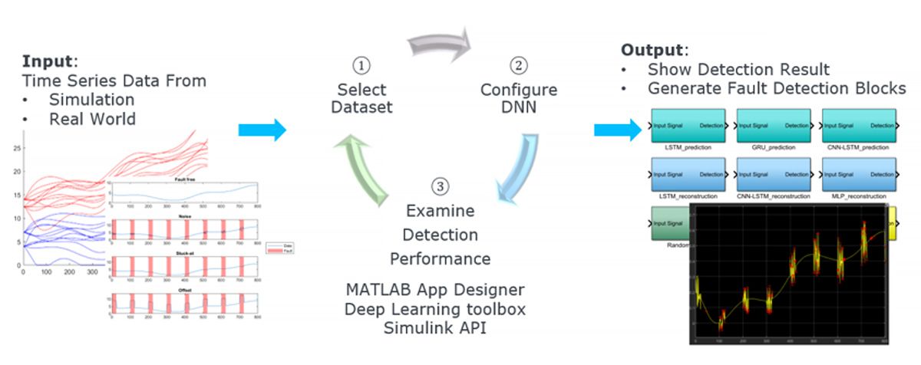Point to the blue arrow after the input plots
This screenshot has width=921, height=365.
pos(262,130)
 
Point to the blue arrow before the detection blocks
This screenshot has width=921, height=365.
pos(617,130)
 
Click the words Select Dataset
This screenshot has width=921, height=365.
pos(361,99)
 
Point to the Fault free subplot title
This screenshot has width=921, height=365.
pos(182,179)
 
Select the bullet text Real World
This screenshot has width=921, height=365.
pos(93,119)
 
